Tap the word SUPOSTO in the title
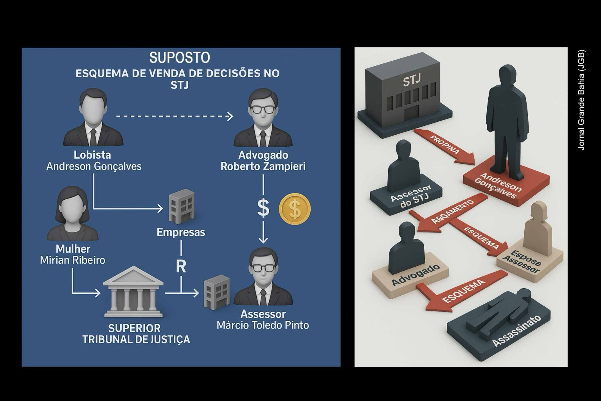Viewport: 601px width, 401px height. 180,58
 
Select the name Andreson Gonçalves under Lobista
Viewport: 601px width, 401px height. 94,166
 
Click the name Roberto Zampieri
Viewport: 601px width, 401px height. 263,166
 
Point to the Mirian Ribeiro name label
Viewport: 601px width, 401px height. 73,260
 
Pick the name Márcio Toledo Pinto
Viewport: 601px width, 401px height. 263,325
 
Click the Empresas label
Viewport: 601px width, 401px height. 181,232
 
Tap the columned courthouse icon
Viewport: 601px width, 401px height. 133,291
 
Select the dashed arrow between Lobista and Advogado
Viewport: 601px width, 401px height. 175,116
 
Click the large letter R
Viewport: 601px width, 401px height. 181,266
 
